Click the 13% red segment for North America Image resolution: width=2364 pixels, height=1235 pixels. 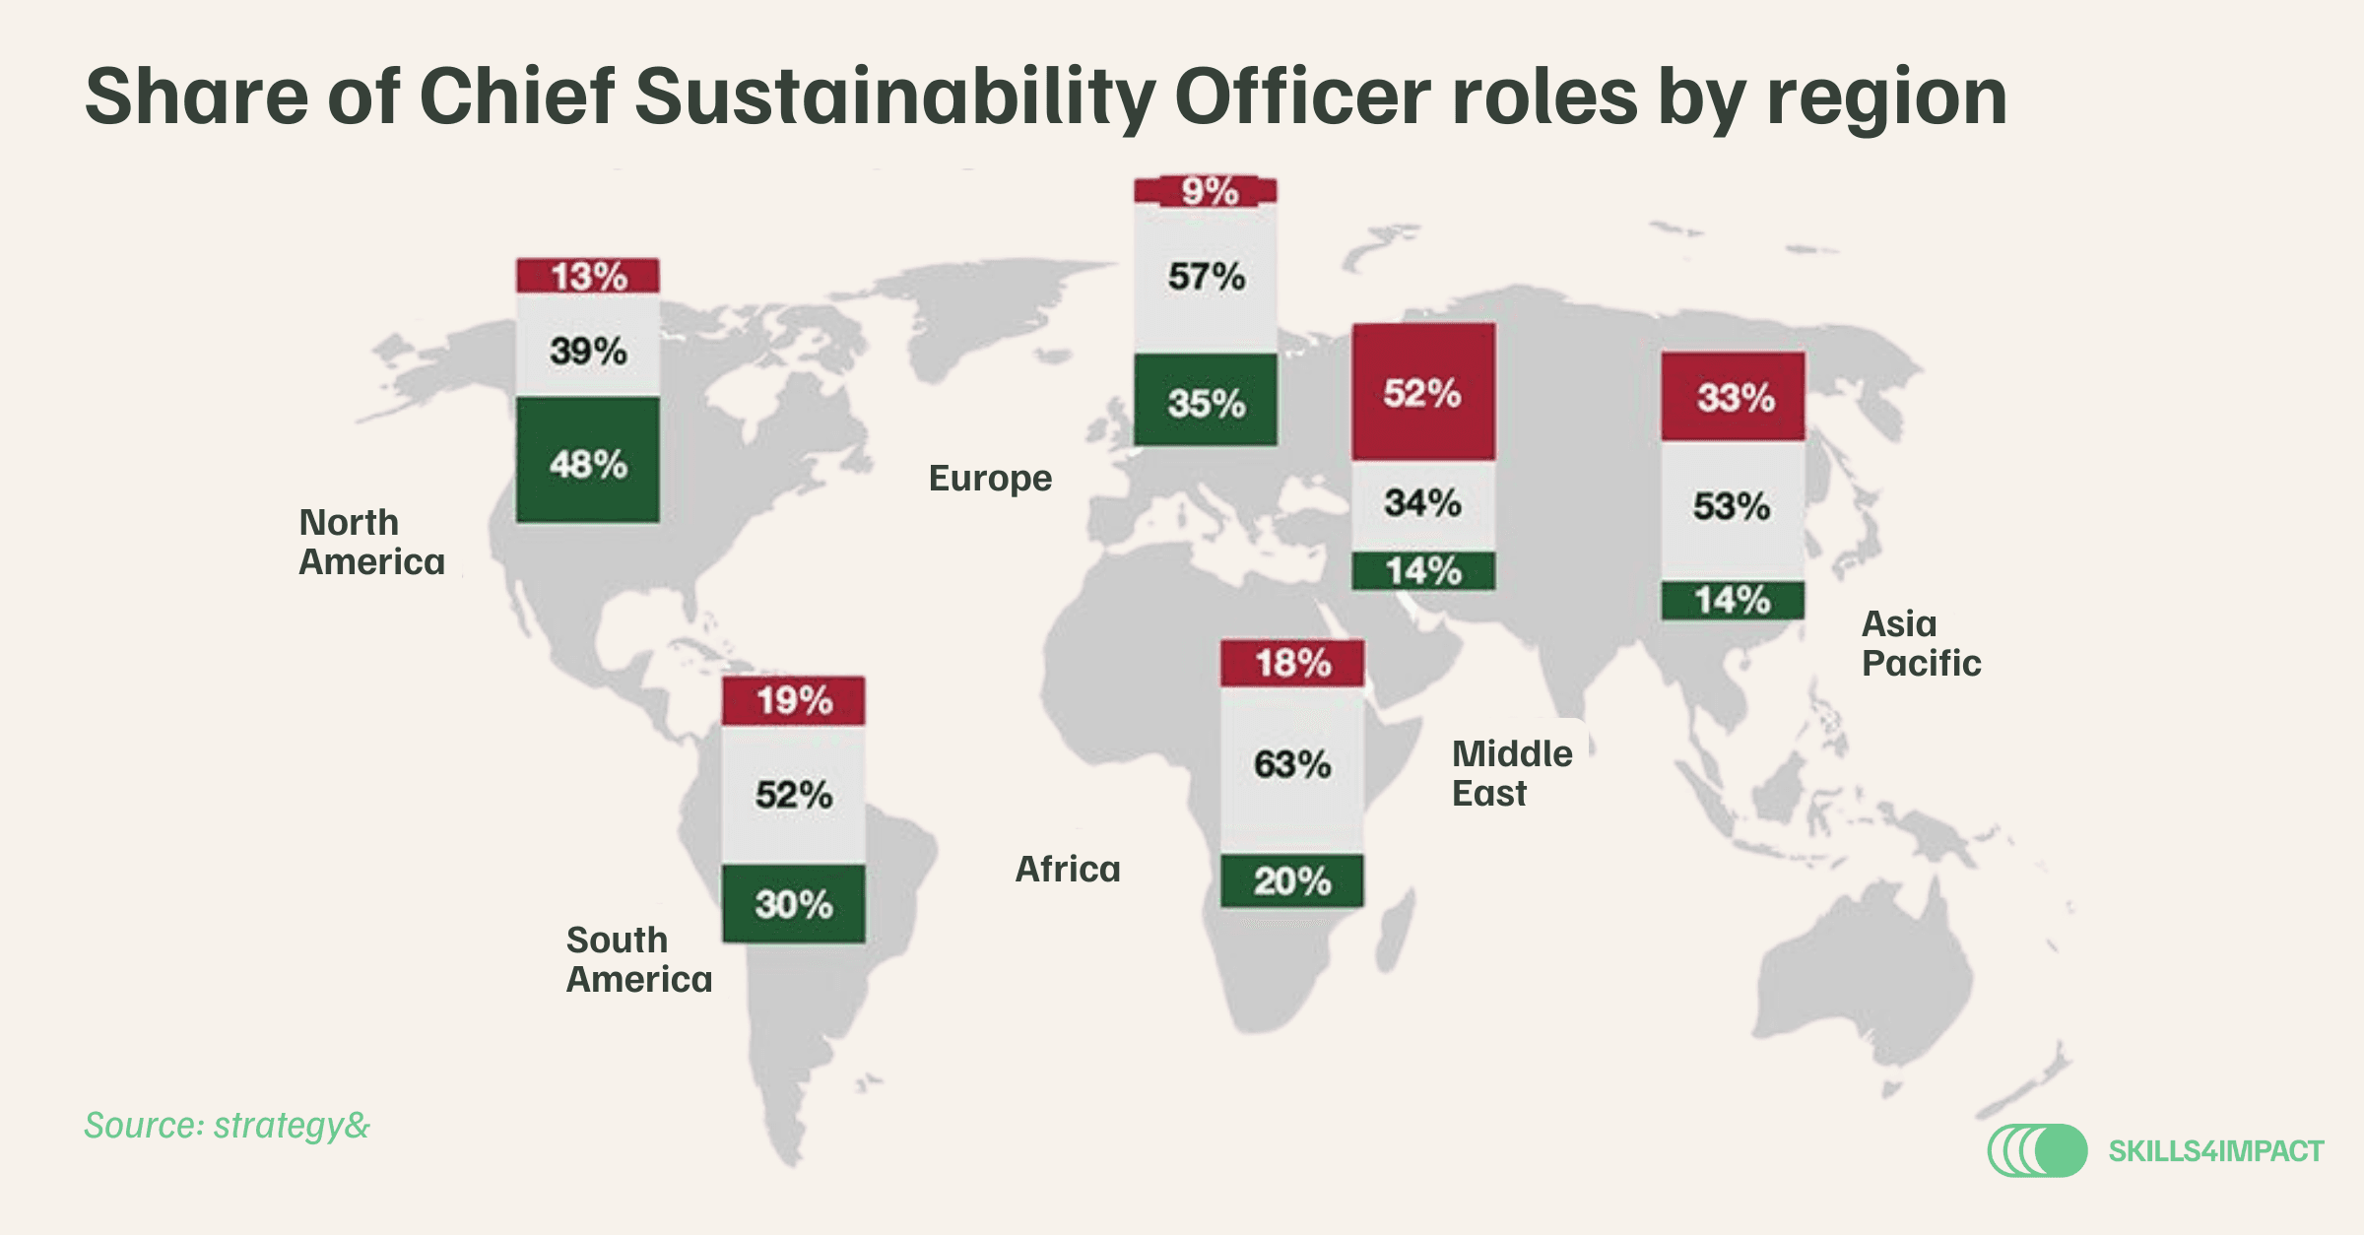(588, 276)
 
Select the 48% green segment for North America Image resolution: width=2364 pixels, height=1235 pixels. (588, 460)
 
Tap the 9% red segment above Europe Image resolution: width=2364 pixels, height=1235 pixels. (1206, 191)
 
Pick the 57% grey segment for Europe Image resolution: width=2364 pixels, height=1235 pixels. (1206, 279)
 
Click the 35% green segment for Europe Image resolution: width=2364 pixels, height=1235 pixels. (1206, 400)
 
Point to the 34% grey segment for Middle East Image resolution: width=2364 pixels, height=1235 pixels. (1423, 505)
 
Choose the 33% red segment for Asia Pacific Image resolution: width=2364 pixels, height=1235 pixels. (1734, 396)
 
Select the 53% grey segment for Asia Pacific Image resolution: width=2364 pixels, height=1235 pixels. (1734, 510)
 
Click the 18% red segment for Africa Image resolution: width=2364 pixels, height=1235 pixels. (1292, 663)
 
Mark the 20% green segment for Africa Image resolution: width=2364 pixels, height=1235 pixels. (1292, 880)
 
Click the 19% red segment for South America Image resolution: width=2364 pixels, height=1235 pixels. (794, 701)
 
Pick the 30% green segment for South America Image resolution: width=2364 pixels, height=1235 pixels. (794, 904)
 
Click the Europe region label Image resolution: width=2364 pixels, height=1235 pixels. (991, 480)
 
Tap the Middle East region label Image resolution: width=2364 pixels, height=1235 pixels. (1512, 773)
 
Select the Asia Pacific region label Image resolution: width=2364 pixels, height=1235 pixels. (1921, 643)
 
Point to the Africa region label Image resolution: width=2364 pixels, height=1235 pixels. (1068, 870)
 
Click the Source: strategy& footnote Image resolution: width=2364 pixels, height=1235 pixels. (228, 1126)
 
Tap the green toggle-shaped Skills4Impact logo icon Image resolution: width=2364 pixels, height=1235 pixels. (2037, 1150)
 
